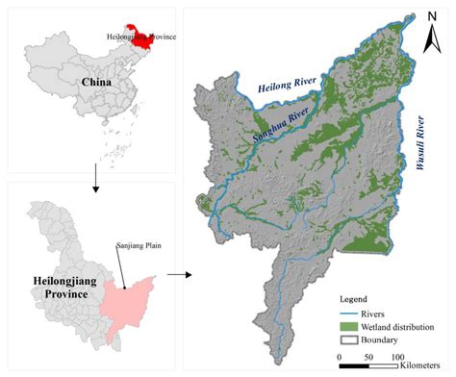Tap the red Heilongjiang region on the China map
144,38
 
